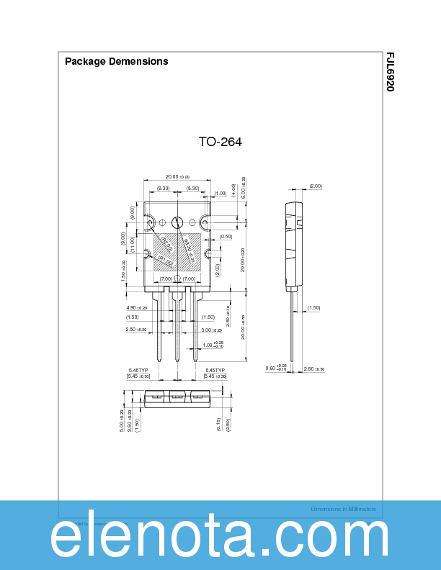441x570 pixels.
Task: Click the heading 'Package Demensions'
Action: [x=116, y=61]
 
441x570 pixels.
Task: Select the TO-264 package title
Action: [x=220, y=142]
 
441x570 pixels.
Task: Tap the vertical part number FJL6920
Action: [x=390, y=72]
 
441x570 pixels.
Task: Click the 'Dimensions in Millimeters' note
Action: [x=343, y=509]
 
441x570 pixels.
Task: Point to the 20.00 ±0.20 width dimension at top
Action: [x=177, y=177]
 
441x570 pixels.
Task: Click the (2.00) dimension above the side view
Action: [x=315, y=186]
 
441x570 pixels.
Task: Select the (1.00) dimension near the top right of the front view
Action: [x=220, y=193]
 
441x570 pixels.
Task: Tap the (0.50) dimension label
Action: [x=226, y=236]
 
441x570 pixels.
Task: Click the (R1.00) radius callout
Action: [x=165, y=261]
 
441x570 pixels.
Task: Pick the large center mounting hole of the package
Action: [x=177, y=222]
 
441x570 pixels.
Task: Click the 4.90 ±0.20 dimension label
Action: [x=136, y=308]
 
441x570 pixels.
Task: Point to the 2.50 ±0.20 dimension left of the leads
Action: [x=136, y=330]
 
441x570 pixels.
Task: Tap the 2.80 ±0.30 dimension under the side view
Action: [x=314, y=369]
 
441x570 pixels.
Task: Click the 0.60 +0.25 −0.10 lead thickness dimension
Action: [x=277, y=368]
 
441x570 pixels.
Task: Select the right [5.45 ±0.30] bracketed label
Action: [x=215, y=376]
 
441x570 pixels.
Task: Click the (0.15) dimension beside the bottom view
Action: [x=217, y=424]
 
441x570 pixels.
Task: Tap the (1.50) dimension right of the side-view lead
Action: [x=313, y=308]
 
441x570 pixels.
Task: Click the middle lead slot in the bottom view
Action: [x=177, y=397]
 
